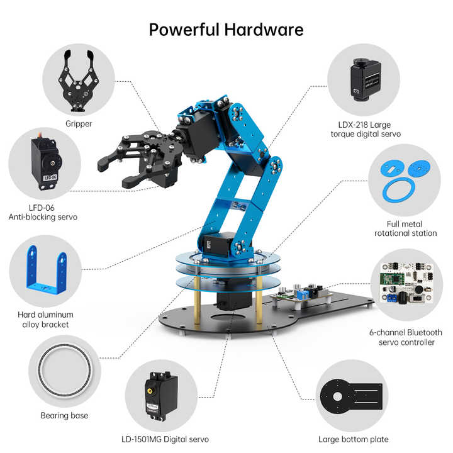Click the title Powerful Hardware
(226, 29)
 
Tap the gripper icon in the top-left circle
(79, 81)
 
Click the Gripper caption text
(79, 124)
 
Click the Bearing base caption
(64, 415)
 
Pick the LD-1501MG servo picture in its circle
(160, 396)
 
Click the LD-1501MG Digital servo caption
(164, 439)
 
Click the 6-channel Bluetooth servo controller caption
(405, 337)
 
